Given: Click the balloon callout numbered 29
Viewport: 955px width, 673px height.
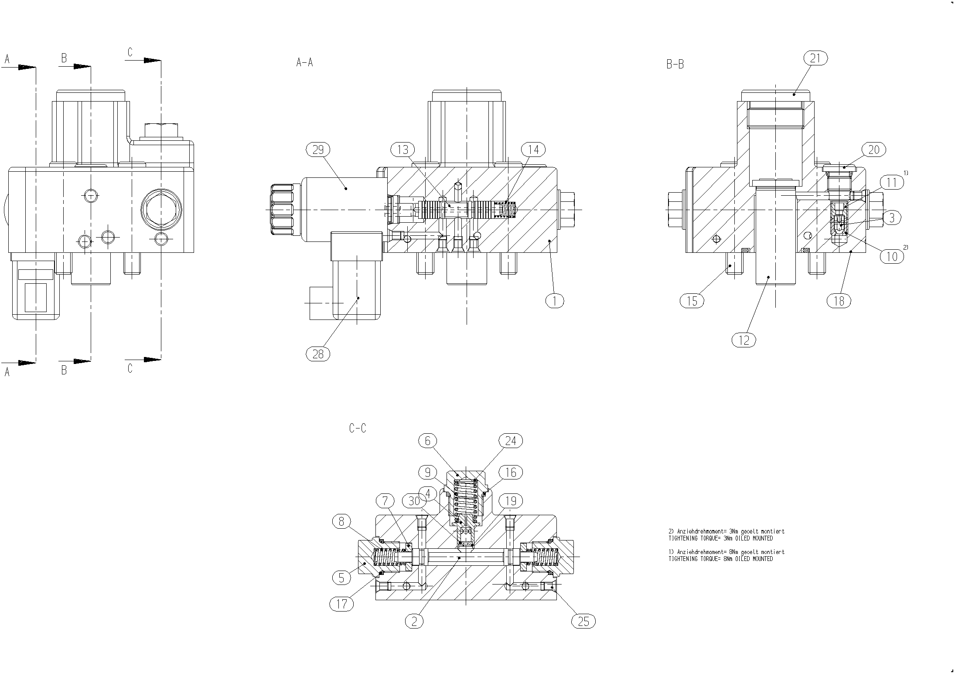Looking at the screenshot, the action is click(318, 150).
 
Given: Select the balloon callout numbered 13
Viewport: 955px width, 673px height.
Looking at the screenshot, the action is click(402, 150).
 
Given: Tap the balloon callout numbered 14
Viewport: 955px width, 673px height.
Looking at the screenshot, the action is click(533, 150).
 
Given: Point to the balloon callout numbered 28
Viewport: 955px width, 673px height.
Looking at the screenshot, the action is click(318, 353).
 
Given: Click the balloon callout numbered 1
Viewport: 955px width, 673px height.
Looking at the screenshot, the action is click(555, 300).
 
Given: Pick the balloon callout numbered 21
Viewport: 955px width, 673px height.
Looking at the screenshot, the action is click(815, 58).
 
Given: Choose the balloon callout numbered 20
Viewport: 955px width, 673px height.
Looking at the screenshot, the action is click(874, 150).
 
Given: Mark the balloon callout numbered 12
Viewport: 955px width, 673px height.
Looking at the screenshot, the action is click(744, 340).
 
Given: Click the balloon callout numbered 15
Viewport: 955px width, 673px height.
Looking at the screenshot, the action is click(692, 301).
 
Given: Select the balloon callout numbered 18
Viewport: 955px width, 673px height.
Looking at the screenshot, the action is click(839, 301).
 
